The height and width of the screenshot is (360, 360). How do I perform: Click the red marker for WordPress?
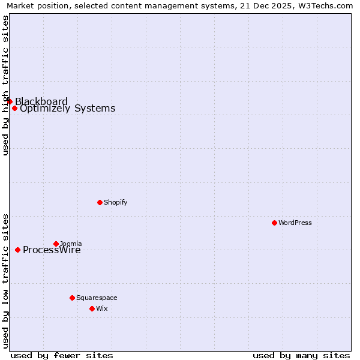click(x=274, y=223)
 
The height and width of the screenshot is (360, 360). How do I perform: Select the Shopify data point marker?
click(x=100, y=202)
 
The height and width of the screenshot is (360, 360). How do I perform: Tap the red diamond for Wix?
click(x=92, y=308)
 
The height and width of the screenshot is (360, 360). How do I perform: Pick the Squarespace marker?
click(x=72, y=298)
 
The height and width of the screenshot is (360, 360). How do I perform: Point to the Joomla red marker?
click(x=56, y=244)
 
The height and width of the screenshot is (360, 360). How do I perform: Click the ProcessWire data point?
click(x=17, y=250)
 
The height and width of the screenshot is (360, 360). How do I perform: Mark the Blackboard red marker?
click(x=10, y=101)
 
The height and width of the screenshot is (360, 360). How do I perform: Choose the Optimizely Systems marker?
click(x=14, y=109)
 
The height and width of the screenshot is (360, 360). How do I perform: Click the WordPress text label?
click(x=295, y=223)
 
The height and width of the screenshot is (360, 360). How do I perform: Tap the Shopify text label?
click(x=115, y=202)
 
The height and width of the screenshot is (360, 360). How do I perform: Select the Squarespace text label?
click(x=97, y=298)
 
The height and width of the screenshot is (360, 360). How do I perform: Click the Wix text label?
click(x=101, y=308)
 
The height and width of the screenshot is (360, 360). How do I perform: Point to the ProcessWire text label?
click(x=52, y=250)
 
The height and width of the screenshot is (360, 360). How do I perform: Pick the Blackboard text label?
click(x=41, y=101)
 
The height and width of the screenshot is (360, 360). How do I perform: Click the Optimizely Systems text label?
click(x=67, y=109)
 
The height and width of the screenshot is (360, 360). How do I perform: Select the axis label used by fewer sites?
click(x=62, y=355)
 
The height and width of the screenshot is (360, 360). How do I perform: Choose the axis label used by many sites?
click(x=301, y=355)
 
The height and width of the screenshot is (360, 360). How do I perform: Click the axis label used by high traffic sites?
click(x=5, y=85)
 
